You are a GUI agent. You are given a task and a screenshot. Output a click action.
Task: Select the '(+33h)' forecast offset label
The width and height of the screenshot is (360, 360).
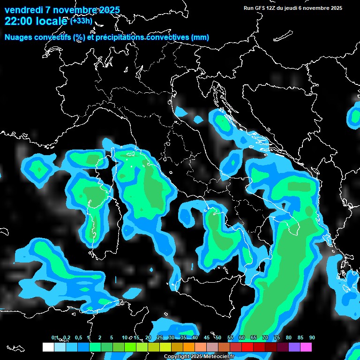[81, 21]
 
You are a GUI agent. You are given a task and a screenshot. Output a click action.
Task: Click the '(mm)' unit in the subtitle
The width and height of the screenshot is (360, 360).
[200, 37]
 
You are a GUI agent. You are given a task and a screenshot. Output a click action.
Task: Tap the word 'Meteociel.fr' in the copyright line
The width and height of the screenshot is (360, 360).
[226, 357]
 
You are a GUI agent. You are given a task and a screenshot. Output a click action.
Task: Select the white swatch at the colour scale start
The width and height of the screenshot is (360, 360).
[48, 347]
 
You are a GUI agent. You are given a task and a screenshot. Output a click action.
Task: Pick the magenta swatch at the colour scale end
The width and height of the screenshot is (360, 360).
[306, 347]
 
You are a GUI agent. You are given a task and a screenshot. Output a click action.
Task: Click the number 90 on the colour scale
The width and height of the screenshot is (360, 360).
[312, 338]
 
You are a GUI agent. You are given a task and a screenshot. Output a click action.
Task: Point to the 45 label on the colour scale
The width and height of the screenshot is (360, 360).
[207, 338]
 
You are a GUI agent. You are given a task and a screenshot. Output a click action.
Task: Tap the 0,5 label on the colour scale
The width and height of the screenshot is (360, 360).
[78, 338]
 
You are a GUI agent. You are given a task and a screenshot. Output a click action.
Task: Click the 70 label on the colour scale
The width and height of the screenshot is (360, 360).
[265, 338]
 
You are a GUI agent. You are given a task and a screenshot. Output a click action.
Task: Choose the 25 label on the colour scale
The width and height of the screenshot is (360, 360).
[160, 338]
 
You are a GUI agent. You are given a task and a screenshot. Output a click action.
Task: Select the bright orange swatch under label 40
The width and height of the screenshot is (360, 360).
[188, 347]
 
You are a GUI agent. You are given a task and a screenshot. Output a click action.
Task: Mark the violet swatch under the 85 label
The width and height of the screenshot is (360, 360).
[294, 347]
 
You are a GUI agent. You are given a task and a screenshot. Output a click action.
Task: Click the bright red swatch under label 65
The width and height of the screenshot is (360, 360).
[247, 347]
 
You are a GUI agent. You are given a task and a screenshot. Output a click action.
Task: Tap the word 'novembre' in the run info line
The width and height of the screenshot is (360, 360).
[317, 8]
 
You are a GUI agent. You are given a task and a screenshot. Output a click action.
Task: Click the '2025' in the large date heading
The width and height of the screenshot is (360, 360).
[109, 10]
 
